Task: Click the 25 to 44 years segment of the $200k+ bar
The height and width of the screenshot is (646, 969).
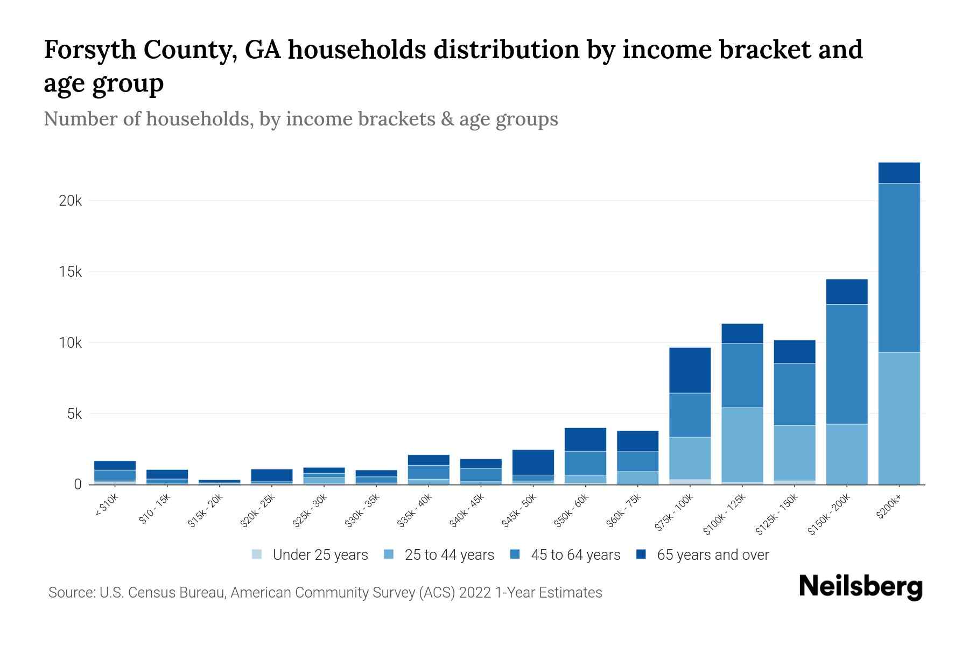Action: pos(898,418)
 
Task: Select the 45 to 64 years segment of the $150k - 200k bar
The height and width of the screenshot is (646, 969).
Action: pos(846,364)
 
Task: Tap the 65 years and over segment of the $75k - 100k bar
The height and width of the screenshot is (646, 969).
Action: pos(690,370)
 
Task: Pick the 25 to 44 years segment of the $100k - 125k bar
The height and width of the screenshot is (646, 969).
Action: pos(742,445)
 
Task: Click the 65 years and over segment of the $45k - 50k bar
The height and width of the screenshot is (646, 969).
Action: pos(533,462)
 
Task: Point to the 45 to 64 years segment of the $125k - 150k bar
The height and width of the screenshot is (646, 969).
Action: pos(794,394)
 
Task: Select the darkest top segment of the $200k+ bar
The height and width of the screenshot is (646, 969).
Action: pos(898,173)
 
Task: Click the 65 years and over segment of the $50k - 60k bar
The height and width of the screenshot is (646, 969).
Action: pos(585,439)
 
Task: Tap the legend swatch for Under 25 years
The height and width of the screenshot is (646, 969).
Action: pos(257,554)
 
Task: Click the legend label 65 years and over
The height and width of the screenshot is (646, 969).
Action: pos(713,555)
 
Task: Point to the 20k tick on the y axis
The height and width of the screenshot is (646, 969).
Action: pos(71,201)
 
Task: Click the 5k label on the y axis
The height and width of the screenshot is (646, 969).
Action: pos(74,414)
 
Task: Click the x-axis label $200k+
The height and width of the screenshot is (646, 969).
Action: pos(889,508)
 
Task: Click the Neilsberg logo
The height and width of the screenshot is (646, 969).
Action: pos(860,587)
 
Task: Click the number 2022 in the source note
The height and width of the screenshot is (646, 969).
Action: pos(475,593)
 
